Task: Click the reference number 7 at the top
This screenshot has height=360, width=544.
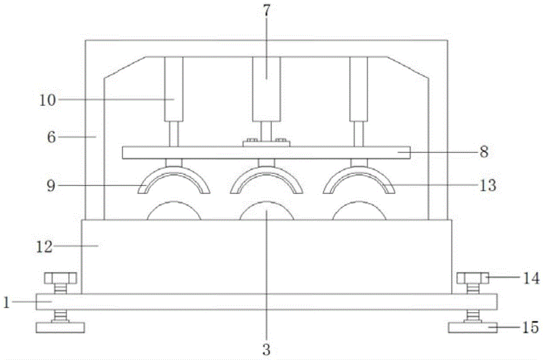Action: click(266, 11)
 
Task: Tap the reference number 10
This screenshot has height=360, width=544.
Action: click(47, 100)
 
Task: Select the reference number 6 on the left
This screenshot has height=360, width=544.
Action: click(51, 138)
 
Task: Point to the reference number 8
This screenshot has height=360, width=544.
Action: click(484, 152)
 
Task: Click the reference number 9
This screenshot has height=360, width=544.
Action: click(51, 186)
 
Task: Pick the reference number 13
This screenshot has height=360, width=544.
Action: click(488, 185)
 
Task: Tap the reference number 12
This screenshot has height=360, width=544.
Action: click(45, 247)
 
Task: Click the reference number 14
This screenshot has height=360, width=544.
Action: click(531, 278)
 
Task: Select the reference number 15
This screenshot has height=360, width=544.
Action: click(530, 327)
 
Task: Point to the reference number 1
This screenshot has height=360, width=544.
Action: click(6, 302)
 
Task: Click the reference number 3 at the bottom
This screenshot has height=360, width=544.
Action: click(266, 350)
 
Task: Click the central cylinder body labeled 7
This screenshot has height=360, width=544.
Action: click(266, 89)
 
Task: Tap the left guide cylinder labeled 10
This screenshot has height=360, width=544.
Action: click(174, 89)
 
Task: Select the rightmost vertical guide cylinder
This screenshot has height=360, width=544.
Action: click(358, 89)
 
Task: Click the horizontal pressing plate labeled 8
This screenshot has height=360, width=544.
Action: click(266, 153)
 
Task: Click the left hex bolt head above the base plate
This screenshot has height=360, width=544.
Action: click(60, 278)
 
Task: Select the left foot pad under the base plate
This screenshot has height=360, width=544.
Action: click(60, 328)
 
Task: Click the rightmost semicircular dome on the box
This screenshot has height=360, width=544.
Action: click(359, 210)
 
